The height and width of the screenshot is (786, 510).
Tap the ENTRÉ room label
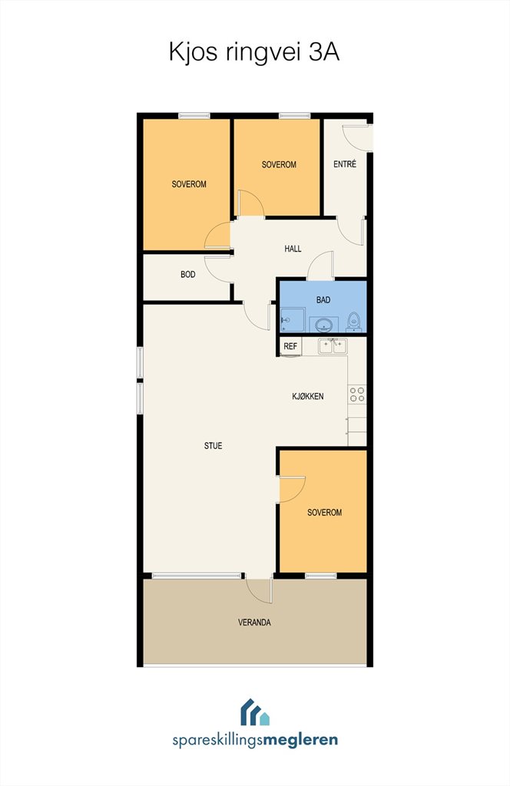click(345, 164)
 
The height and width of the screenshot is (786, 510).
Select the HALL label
click(293, 249)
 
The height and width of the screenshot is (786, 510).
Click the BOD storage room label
click(188, 275)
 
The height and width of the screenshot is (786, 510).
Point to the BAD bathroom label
click(323, 300)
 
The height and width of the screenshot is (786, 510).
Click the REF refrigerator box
click(290, 346)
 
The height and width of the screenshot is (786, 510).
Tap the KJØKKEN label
click(308, 396)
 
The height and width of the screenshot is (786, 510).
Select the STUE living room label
click(213, 446)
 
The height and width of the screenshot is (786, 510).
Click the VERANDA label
click(254, 623)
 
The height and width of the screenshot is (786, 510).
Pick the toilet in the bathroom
click(355, 322)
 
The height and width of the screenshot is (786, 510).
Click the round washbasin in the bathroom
click(324, 325)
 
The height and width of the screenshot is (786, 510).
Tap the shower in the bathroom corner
click(293, 320)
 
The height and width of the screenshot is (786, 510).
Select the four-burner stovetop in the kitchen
click(358, 394)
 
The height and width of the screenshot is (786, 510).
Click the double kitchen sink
click(333, 346)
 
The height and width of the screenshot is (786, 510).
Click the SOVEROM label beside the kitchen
click(324, 512)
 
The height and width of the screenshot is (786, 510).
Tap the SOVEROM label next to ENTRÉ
click(279, 164)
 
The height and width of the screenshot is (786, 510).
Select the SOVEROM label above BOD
click(189, 184)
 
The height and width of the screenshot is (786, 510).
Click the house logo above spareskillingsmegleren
click(255, 712)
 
